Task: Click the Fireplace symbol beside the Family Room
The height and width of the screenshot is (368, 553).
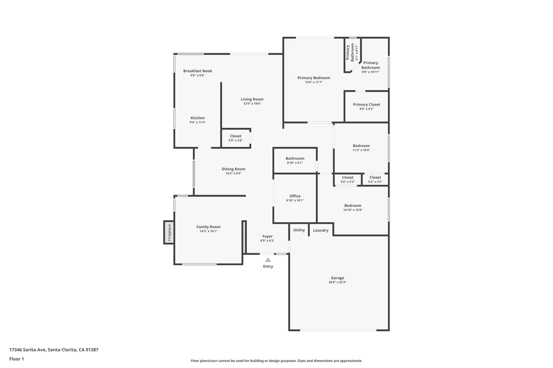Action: coord(169,232)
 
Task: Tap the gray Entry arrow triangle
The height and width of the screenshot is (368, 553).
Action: coord(268,260)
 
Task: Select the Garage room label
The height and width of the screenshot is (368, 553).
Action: coord(337,278)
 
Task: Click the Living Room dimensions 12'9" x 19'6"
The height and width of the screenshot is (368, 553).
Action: coord(252,104)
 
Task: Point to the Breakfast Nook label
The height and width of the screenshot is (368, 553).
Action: coord(198,71)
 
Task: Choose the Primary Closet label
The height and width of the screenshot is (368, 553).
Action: coord(366,105)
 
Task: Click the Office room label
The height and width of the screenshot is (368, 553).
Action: coord(295,196)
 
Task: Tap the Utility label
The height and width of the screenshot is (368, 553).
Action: coord(299,230)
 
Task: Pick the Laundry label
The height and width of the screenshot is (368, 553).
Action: coord(321,230)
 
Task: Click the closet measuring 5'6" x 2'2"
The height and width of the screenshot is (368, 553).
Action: coord(348,180)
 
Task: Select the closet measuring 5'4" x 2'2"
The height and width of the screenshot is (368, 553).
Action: coord(375,180)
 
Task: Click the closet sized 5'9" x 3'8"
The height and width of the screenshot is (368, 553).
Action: coord(235,138)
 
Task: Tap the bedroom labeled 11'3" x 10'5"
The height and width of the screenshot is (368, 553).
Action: coord(361,148)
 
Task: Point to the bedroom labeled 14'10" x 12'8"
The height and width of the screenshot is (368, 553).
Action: coord(353,208)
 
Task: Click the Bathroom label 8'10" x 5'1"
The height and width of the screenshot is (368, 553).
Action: coord(295,160)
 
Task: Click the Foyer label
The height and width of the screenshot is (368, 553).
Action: coord(267,236)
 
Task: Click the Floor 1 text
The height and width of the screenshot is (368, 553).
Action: coord(16,359)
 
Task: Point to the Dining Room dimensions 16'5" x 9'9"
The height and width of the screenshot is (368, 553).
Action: coord(233,173)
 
